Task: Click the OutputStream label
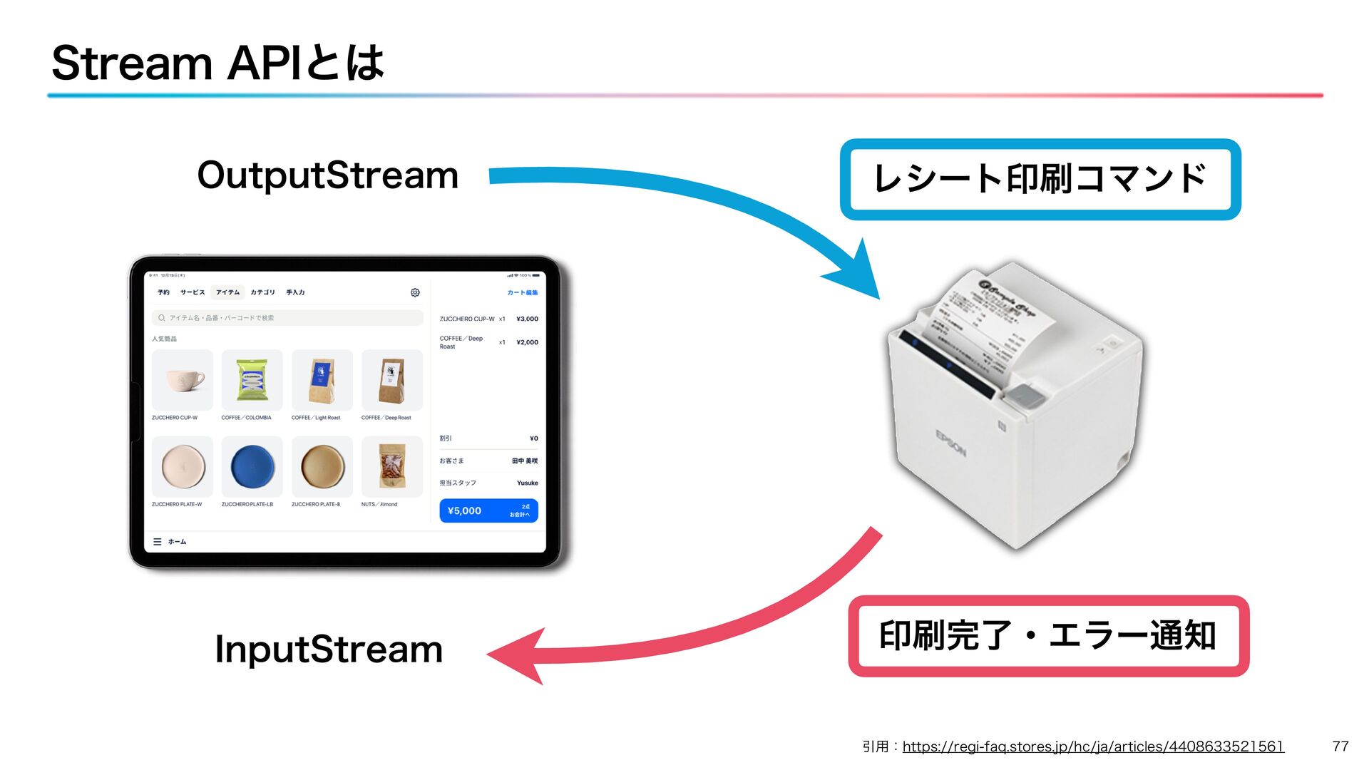point(327,176)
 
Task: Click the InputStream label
point(329,650)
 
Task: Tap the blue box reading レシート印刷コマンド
point(1040,179)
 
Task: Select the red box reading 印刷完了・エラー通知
point(1048,636)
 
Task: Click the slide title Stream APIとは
point(217,63)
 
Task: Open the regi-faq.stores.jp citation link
point(1092,746)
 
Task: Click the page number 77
point(1340,746)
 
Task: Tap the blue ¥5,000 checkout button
point(488,510)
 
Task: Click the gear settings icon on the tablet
point(415,292)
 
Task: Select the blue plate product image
point(252,466)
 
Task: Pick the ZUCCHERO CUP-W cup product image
point(183,379)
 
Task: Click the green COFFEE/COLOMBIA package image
point(252,379)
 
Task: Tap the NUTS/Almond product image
point(391,466)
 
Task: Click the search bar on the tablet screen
point(287,318)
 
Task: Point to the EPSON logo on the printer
point(950,443)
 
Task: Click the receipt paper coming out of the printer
point(988,321)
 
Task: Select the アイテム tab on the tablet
point(228,292)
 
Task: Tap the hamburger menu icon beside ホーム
point(158,542)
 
